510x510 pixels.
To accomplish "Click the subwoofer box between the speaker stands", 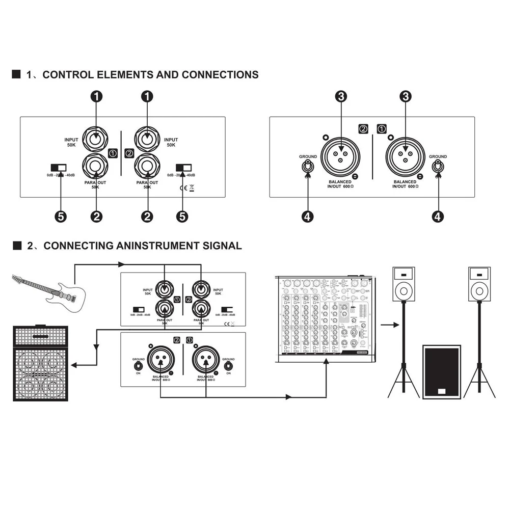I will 441,371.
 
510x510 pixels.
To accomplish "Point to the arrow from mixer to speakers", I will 389,324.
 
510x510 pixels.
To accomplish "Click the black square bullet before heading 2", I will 16,246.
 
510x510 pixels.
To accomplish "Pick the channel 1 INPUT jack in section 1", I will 97,137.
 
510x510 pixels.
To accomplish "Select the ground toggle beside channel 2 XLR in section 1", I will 308,166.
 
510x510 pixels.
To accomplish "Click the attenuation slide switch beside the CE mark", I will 183,168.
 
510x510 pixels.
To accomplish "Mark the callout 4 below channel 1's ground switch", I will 438,216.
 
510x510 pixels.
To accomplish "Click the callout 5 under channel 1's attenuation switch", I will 60,216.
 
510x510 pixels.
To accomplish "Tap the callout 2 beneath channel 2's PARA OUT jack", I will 147,216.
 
